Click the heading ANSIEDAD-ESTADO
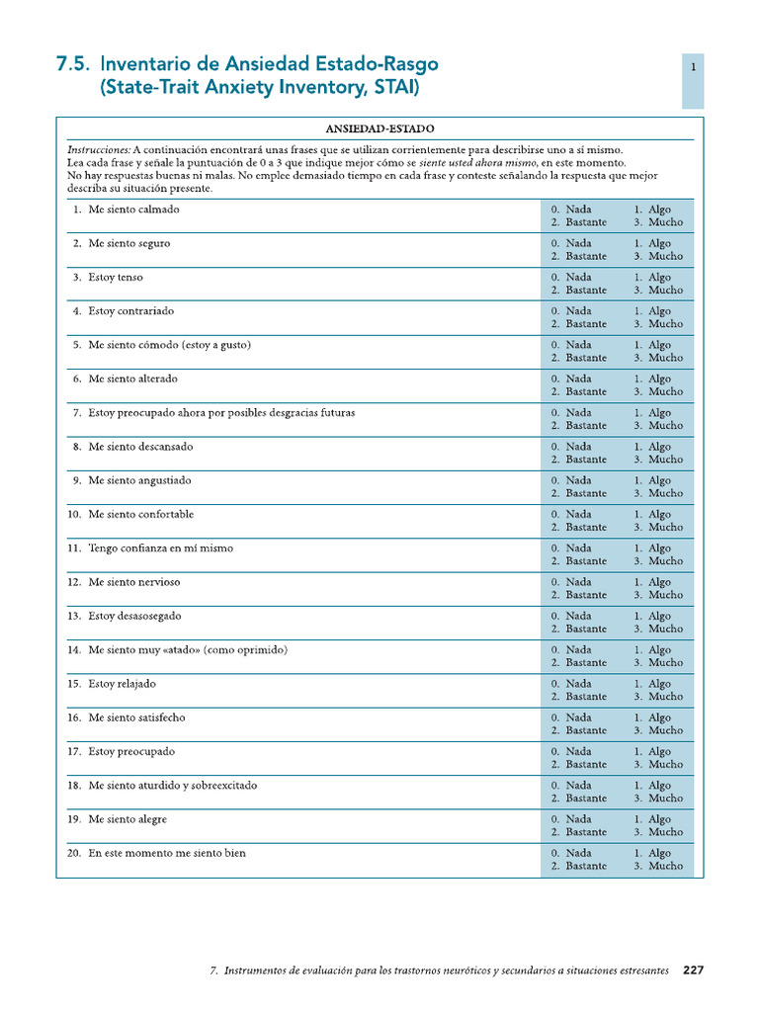380,128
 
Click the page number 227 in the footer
694,970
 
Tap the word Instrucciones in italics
99,147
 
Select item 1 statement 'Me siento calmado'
133,210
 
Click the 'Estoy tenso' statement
116,278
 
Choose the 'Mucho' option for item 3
665,291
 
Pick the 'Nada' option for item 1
579,210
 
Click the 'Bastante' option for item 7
586,426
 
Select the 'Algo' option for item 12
659,582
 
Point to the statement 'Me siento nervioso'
134,582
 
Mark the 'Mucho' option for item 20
665,866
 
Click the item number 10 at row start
74,515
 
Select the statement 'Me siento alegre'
127,819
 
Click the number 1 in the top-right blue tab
694,67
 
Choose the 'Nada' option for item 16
579,717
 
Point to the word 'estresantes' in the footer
638,970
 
